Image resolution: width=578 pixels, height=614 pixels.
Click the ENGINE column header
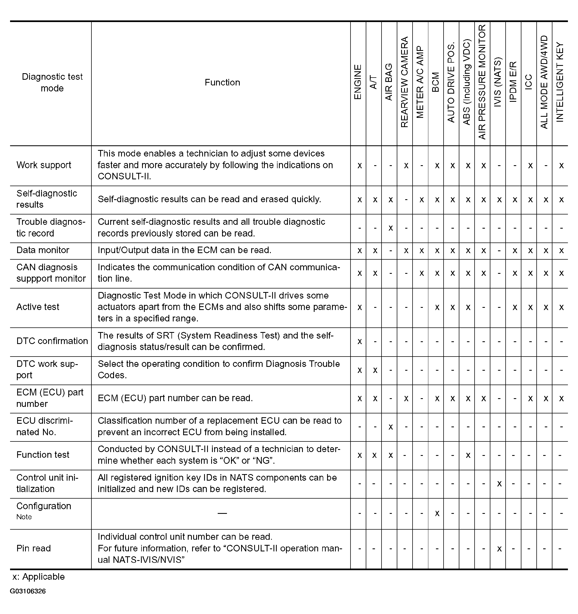pyautogui.click(x=358, y=82)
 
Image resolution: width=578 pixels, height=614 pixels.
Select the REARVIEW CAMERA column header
pyautogui.click(x=404, y=82)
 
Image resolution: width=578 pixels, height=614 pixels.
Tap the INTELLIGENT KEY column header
pyautogui.click(x=560, y=82)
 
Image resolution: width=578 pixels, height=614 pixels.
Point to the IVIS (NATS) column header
pyautogui.click(x=497, y=82)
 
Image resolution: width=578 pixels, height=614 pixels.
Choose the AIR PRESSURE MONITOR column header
pyautogui.click(x=482, y=82)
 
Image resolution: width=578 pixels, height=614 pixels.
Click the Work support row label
pyautogui.click(x=44, y=165)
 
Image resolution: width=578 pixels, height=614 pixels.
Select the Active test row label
pyautogui.click(x=38, y=307)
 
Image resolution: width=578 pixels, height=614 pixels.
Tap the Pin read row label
pyautogui.click(x=33, y=548)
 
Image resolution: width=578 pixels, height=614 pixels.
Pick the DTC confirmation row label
pyautogui.click(x=52, y=341)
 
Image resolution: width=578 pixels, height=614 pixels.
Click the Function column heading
pyautogui.click(x=222, y=82)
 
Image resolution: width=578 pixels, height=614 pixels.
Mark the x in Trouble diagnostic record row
pyautogui.click(x=391, y=228)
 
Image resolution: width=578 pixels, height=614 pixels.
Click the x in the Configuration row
pyautogui.click(x=437, y=513)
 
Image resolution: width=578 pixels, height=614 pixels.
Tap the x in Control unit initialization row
pyautogui.click(x=499, y=484)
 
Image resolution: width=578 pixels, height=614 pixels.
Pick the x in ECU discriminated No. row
pyautogui.click(x=391, y=427)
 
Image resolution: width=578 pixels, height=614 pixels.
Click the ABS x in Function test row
pyautogui.click(x=468, y=455)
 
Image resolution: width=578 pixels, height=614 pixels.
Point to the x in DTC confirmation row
pyautogui.click(x=359, y=342)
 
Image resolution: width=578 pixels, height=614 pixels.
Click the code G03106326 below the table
pyautogui.click(x=27, y=591)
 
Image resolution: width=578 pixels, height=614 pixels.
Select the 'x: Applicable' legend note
pyautogui.click(x=39, y=577)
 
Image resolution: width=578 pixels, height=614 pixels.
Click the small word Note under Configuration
pyautogui.click(x=24, y=517)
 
